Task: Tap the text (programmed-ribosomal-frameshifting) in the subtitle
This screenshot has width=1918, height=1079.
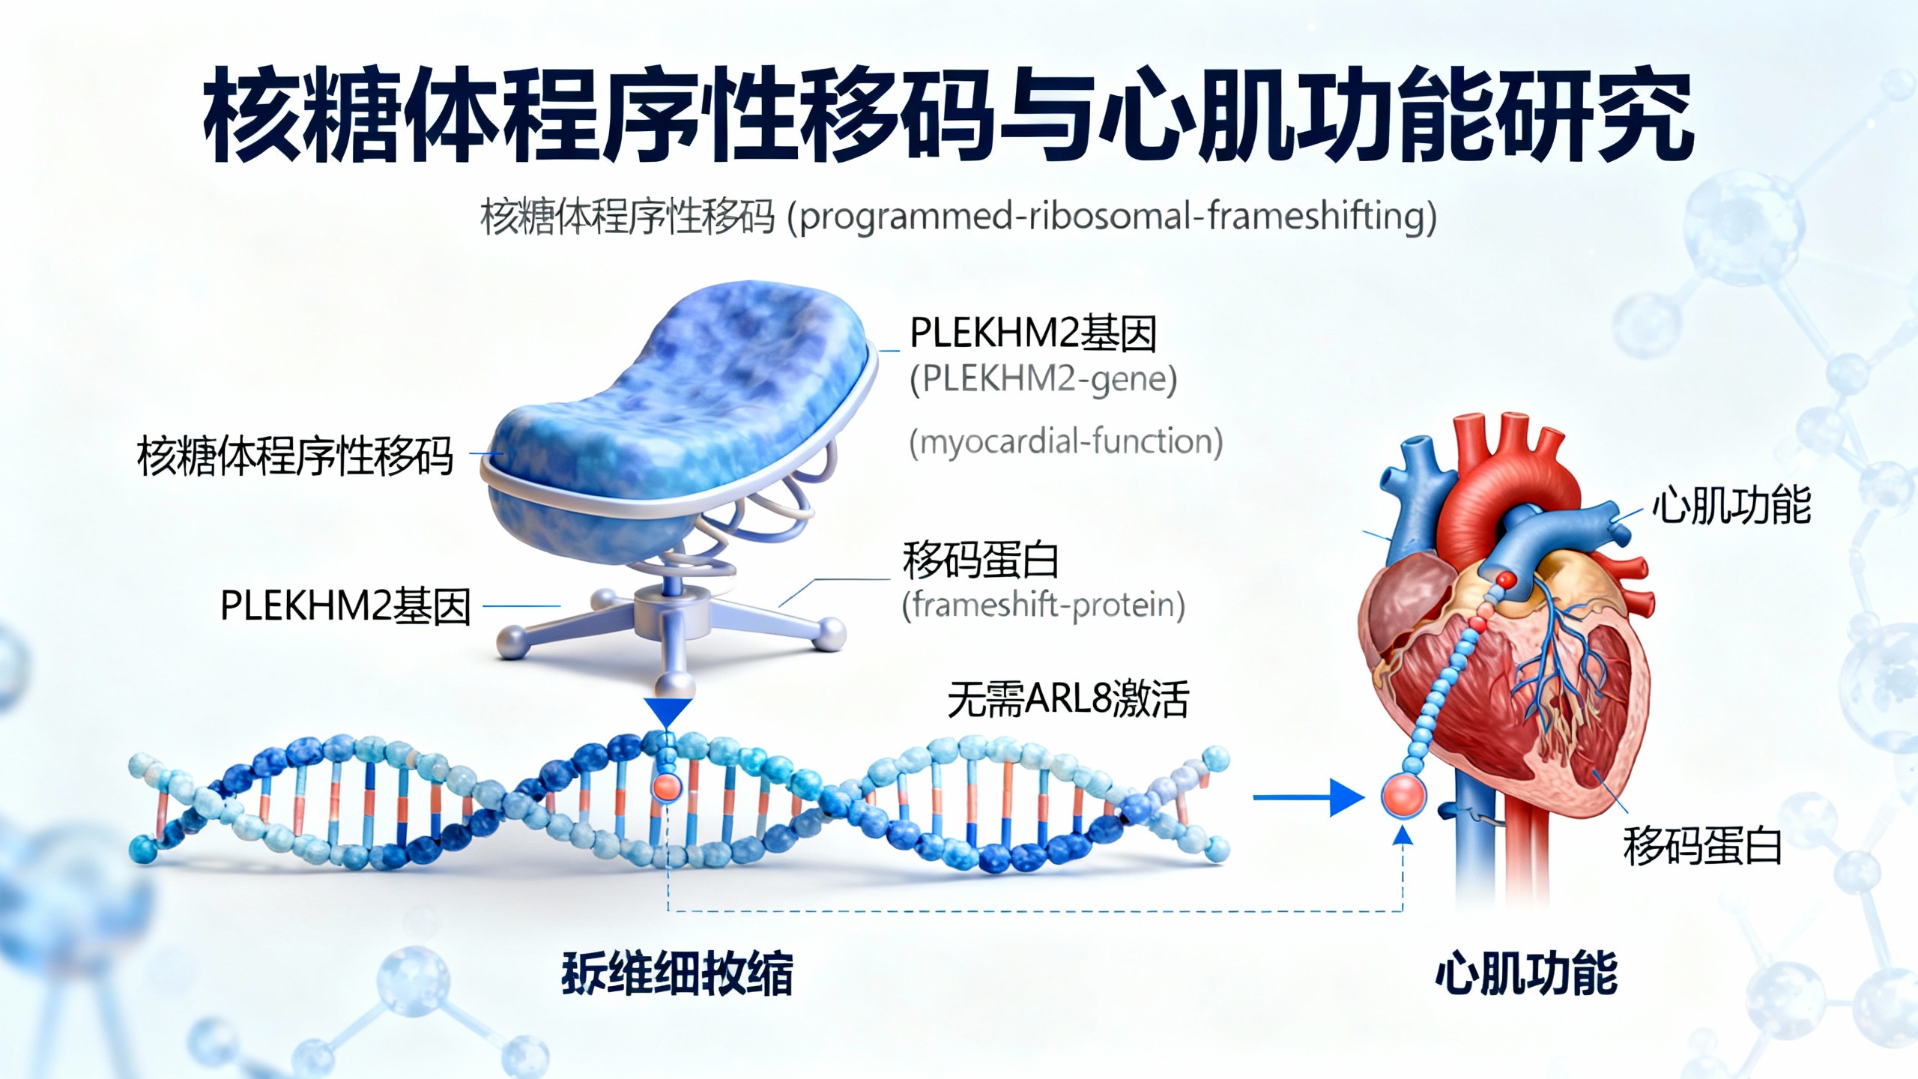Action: pos(1112,217)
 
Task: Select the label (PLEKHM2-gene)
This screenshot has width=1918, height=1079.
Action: pos(1043,379)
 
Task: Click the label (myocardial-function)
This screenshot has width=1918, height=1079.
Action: pos(1065,441)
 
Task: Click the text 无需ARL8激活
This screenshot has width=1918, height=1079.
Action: pos(1068,699)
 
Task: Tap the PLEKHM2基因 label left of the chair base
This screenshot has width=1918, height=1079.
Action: pos(345,605)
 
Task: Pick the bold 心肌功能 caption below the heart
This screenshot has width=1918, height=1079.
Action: pos(1525,973)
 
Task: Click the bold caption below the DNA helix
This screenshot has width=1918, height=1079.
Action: pos(677,973)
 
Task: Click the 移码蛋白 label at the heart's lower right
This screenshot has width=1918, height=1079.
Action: pos(1701,846)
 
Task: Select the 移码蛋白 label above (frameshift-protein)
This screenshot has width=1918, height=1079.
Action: pos(980,560)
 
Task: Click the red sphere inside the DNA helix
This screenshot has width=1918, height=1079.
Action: pos(667,787)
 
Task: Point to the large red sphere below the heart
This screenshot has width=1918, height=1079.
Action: pos(1403,796)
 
